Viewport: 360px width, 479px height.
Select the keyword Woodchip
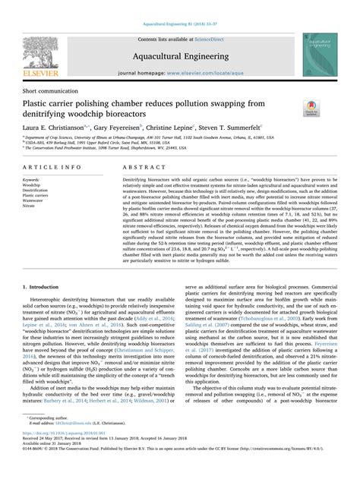click(33, 184)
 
